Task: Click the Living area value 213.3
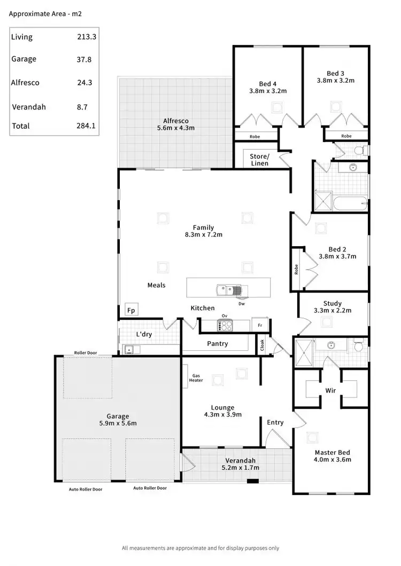pyautogui.click(x=84, y=37)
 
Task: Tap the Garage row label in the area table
pyautogui.click(x=24, y=59)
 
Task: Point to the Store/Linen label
pyautogui.click(x=259, y=160)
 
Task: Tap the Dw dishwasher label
pyautogui.click(x=242, y=304)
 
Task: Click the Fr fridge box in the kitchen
pyautogui.click(x=260, y=325)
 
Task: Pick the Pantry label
pyautogui.click(x=217, y=343)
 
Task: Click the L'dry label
pyautogui.click(x=144, y=334)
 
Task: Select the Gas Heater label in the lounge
pyautogui.click(x=197, y=378)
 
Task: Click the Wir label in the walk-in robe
pyautogui.click(x=330, y=390)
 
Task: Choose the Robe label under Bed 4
pyautogui.click(x=255, y=137)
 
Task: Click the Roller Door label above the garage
pyautogui.click(x=86, y=353)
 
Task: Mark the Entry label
pyautogui.click(x=275, y=422)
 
